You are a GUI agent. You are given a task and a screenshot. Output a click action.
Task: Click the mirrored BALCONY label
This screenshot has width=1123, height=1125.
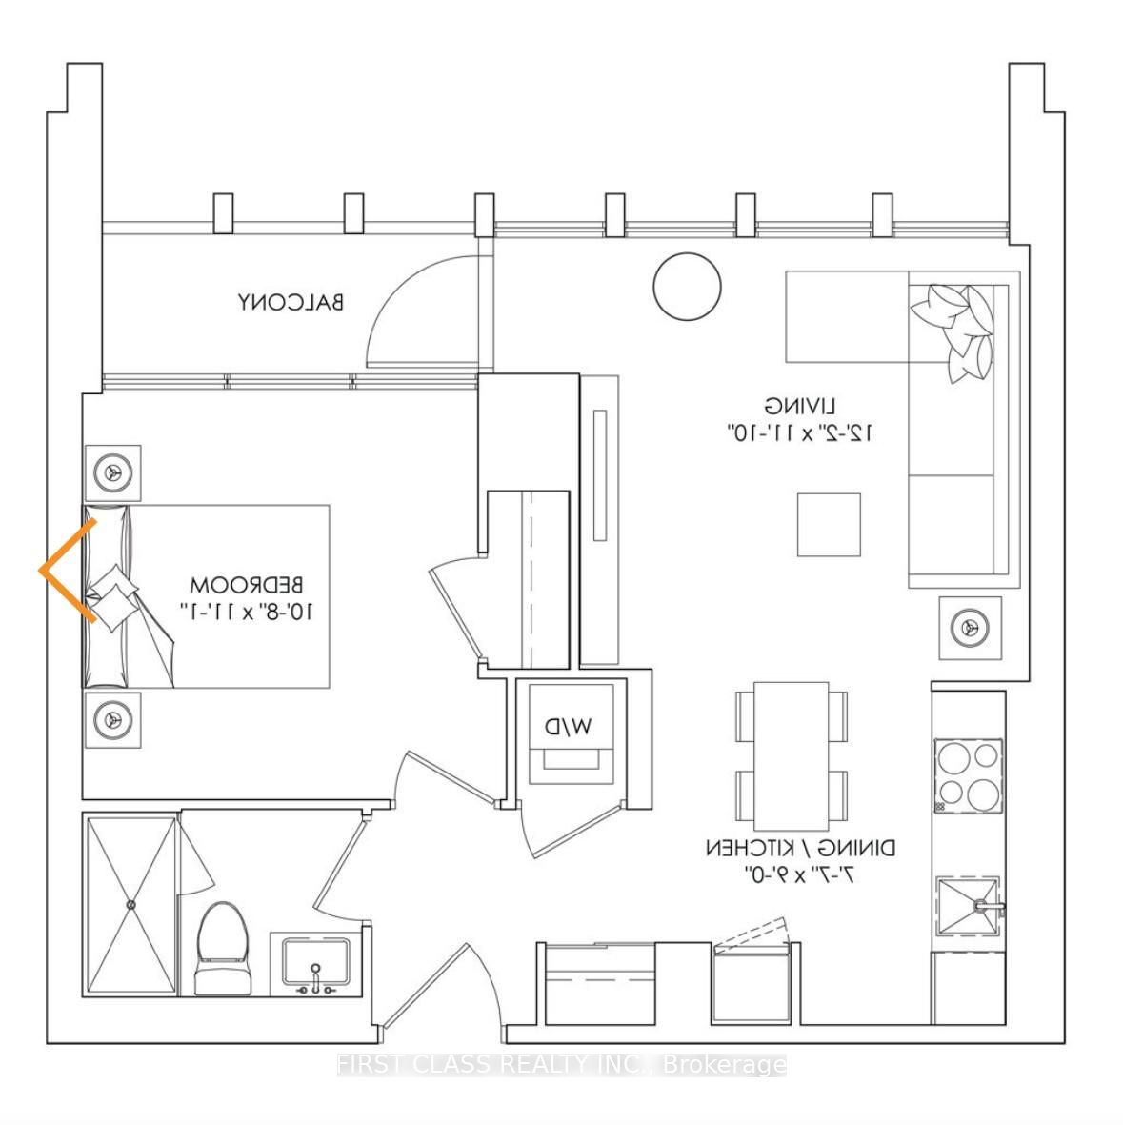[x=291, y=303]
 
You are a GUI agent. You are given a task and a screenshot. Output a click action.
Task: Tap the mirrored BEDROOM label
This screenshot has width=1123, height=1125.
[x=247, y=584]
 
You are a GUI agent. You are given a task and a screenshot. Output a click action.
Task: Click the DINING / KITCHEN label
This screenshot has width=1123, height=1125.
[x=800, y=848]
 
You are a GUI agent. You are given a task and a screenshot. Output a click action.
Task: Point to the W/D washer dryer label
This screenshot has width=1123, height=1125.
[x=569, y=727]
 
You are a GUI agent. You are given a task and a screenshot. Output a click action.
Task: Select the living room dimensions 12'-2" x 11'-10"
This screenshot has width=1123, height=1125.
[x=800, y=432]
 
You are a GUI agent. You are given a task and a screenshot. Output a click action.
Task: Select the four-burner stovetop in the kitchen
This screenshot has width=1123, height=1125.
[x=968, y=776]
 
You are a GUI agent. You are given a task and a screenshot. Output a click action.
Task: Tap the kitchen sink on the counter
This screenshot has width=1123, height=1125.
[x=967, y=905]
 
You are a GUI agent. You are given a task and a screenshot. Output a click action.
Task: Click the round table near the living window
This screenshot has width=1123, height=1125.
[x=687, y=287]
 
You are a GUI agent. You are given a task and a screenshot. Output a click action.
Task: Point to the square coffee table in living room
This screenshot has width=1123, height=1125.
[x=829, y=525]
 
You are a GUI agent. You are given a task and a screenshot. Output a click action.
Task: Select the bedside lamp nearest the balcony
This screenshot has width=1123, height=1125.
[x=113, y=472]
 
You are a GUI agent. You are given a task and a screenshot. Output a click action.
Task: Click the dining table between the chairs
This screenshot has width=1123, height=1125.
[x=791, y=755]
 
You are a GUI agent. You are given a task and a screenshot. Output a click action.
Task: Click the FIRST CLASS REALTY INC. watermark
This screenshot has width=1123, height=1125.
[x=562, y=1064]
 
